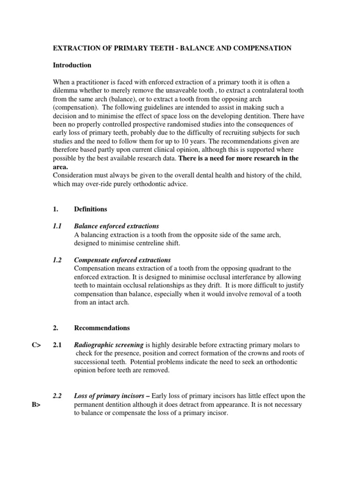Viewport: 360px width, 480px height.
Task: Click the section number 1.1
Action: [57, 226]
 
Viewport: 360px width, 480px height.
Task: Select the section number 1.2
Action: [57, 260]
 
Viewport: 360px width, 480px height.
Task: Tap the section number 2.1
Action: [57, 345]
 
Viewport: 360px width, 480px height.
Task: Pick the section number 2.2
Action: [57, 396]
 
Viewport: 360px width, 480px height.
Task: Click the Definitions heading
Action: [90, 209]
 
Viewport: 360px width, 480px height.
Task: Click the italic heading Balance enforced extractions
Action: [116, 226]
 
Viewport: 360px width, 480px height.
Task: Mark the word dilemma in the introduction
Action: [67, 90]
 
